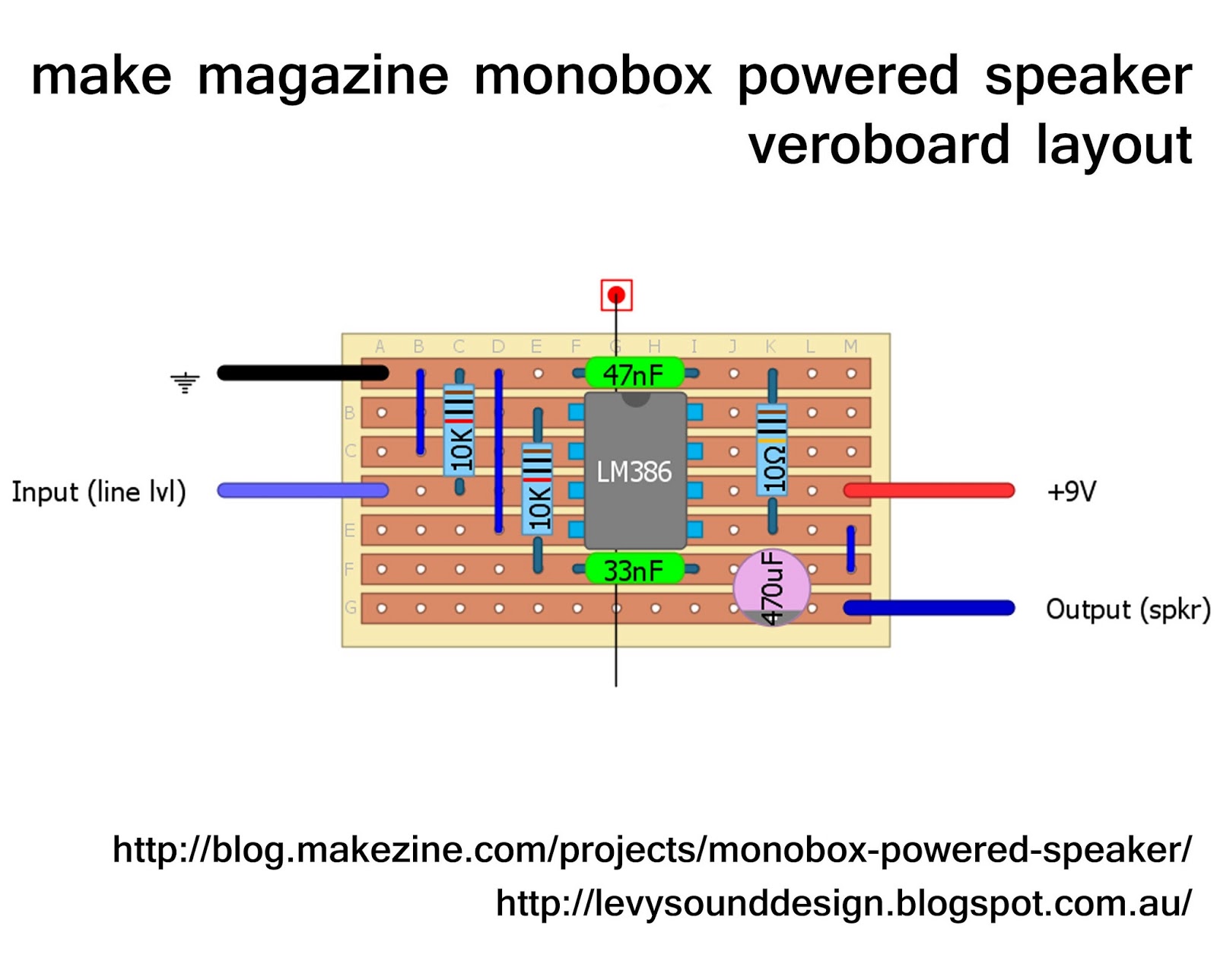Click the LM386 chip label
(x=634, y=472)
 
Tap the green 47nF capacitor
(x=634, y=373)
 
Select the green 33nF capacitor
(x=634, y=568)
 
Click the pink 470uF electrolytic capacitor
(x=771, y=587)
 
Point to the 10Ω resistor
(x=772, y=451)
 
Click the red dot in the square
(x=616, y=294)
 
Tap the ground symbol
(x=185, y=383)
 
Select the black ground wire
(x=303, y=372)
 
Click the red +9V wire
(x=929, y=490)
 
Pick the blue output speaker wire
(x=929, y=608)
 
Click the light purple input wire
(x=303, y=490)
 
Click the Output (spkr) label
(x=1128, y=610)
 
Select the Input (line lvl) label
(x=99, y=492)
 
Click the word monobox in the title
(x=593, y=76)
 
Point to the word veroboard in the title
(x=879, y=145)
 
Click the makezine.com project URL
(x=652, y=849)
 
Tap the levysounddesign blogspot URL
(x=844, y=902)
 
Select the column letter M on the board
(x=850, y=346)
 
